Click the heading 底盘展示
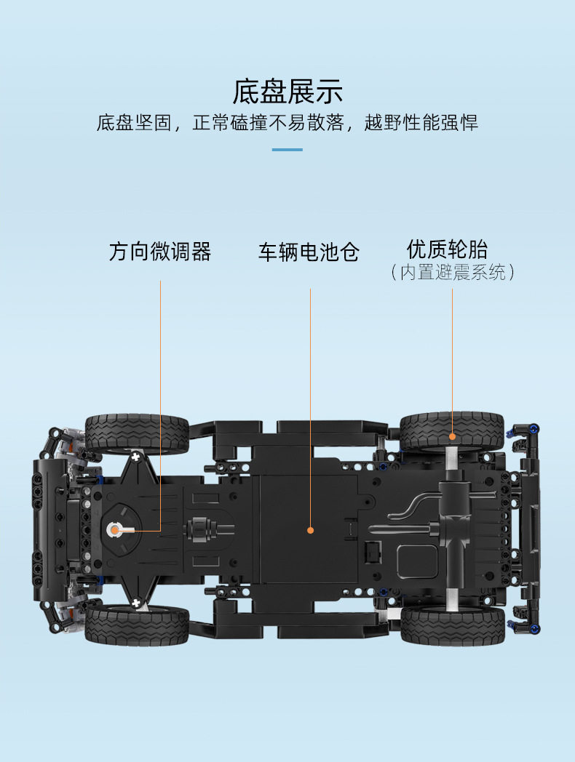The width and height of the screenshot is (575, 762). point(287,92)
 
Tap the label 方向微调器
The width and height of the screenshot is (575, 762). point(160,252)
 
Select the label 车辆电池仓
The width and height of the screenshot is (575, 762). point(309,252)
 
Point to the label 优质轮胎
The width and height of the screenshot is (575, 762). point(447,249)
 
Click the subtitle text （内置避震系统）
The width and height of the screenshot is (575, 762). point(452,272)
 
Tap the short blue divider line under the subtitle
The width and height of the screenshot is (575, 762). point(287,150)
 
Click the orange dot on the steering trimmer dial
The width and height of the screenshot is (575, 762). point(115,530)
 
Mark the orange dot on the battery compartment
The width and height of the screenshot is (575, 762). point(310,530)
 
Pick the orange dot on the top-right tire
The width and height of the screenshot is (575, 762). point(453,436)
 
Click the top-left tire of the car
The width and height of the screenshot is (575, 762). point(137,433)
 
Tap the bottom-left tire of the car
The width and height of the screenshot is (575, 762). point(137,625)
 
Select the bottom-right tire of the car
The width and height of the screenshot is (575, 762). point(453,627)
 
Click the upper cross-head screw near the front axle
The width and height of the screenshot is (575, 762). point(135,457)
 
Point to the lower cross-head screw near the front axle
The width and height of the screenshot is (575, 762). point(136,603)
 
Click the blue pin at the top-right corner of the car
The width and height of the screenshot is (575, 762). point(534,429)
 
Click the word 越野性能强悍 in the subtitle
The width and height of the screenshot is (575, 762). point(421,122)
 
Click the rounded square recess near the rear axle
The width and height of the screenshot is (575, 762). point(417,561)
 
